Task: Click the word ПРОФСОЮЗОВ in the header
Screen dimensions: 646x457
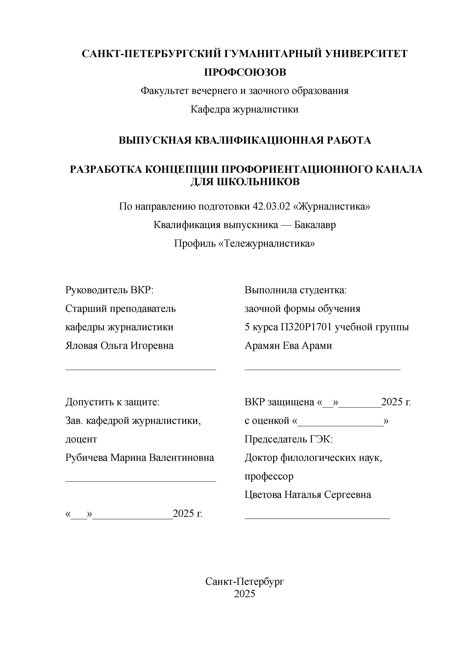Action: [x=245, y=72]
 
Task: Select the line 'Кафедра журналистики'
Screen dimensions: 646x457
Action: [x=244, y=109]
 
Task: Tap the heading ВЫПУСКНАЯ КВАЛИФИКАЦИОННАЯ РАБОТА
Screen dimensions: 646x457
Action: [x=245, y=140]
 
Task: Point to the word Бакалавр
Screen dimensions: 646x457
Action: [x=315, y=225]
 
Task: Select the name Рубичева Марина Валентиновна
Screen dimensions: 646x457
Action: [x=140, y=458]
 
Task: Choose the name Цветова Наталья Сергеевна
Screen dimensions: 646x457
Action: [x=308, y=495]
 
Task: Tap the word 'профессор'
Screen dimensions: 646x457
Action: [x=269, y=476]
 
